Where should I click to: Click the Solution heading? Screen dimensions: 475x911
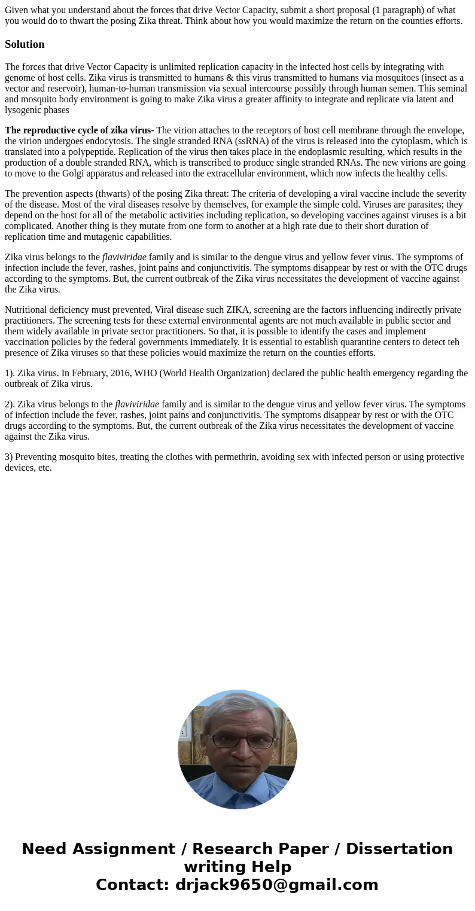coord(25,44)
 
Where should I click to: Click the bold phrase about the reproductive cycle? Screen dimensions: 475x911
coord(79,130)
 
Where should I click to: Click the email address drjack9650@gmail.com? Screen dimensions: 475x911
coord(276,885)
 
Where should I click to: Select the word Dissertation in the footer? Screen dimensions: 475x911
coord(399,849)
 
